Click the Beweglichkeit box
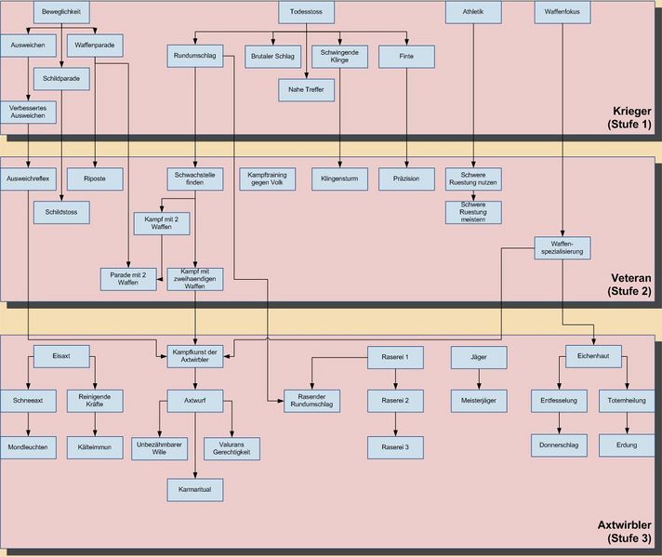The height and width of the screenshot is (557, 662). pyautogui.click(x=61, y=12)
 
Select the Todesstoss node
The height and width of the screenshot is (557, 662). pyautogui.click(x=307, y=12)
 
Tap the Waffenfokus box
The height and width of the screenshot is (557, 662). pyautogui.click(x=563, y=12)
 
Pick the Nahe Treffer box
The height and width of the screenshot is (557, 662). pyautogui.click(x=306, y=89)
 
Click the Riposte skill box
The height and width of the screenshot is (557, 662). pyautogui.click(x=95, y=178)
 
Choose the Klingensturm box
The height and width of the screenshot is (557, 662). pyautogui.click(x=339, y=178)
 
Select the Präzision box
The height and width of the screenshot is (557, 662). pyautogui.click(x=407, y=178)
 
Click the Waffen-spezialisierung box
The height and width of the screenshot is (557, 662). pyautogui.click(x=563, y=247)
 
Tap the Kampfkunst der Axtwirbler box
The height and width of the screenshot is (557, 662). pyautogui.click(x=194, y=355)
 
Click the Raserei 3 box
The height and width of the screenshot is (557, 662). pyautogui.click(x=395, y=446)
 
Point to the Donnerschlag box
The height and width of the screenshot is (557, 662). pyautogui.click(x=559, y=445)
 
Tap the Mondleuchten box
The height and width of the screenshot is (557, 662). pyautogui.click(x=28, y=446)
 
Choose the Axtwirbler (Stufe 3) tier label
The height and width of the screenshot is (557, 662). pyautogui.click(x=627, y=531)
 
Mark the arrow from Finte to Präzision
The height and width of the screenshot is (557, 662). pyautogui.click(x=407, y=116)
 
